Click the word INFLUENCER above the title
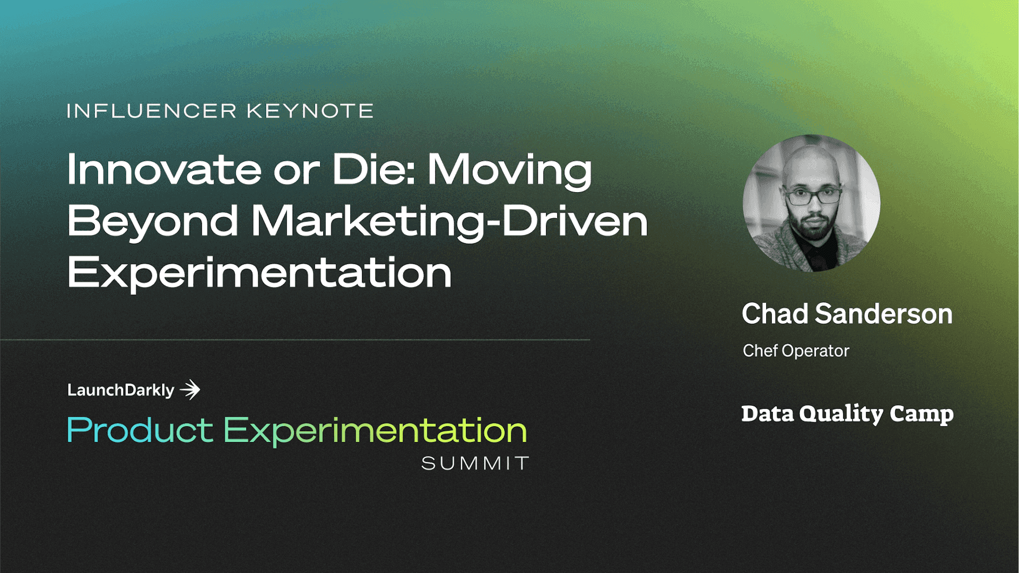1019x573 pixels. pos(152,111)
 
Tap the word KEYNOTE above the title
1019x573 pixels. pos(310,111)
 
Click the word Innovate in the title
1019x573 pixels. pos(164,169)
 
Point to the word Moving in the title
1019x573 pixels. pos(510,172)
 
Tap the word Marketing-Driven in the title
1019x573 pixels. pos(449,222)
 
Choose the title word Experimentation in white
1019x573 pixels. pos(259,274)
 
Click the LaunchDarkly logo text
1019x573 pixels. pos(121,390)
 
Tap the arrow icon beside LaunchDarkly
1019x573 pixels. pos(190,390)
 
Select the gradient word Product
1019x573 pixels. pos(140,430)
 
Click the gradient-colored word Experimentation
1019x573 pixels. pos(375,431)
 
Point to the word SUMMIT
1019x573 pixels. pos(475,463)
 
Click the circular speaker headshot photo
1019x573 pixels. pos(812,203)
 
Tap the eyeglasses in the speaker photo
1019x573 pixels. pos(813,195)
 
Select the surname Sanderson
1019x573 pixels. pos(884,314)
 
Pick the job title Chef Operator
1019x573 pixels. pos(796,351)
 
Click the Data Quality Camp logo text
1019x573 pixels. pos(847,413)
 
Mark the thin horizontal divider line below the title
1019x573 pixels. pos(295,340)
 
